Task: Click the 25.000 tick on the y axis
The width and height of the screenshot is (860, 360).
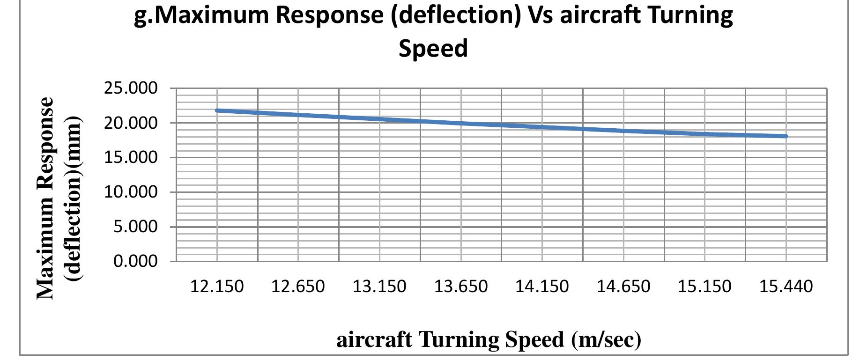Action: point(131,88)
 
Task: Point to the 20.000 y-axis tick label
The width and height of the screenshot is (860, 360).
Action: point(131,123)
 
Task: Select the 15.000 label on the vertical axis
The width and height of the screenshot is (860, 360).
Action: point(131,157)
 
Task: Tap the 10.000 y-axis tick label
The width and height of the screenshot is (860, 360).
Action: point(131,192)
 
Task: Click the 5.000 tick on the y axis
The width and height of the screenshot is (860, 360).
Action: point(135,227)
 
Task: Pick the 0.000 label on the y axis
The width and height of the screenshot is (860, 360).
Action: point(135,261)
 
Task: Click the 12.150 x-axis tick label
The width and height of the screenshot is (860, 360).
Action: point(217,286)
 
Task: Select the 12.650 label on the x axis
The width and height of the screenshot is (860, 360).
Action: point(298,286)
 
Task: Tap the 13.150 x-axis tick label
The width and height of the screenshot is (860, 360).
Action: point(379,286)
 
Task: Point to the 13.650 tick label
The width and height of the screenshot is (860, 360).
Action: point(461,286)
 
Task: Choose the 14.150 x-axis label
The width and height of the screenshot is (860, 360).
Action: point(542,286)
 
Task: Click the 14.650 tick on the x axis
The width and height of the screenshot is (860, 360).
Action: point(623,286)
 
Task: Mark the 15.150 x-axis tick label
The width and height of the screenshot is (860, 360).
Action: point(704,286)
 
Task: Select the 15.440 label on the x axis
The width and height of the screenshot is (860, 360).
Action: point(786,286)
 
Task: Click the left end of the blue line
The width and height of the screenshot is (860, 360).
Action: point(217,110)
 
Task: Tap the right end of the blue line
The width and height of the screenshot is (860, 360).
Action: point(786,136)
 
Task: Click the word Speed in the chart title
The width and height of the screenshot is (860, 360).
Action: point(433,48)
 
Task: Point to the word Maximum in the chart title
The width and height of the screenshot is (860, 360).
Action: point(216,15)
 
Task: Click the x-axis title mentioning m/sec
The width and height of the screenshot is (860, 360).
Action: point(489,339)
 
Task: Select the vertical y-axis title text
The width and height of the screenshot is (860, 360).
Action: point(59,198)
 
